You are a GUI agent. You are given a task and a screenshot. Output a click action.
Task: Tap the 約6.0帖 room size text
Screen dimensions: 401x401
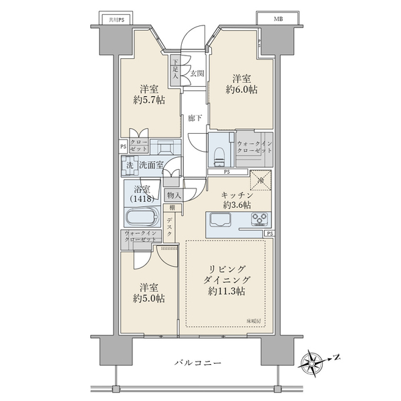pyautogui.click(x=241, y=90)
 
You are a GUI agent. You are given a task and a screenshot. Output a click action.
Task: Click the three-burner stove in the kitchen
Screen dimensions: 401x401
pyautogui.click(x=259, y=220)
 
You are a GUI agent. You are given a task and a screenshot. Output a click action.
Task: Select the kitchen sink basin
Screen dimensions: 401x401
pyautogui.click(x=221, y=220)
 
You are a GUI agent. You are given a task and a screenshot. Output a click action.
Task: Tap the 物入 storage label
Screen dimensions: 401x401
pyautogui.click(x=174, y=194)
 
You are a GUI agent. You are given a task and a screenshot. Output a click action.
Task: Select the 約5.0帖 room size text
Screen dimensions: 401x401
pyautogui.click(x=148, y=299)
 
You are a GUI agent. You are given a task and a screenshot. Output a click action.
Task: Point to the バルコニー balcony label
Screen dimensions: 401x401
pyautogui.click(x=198, y=363)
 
